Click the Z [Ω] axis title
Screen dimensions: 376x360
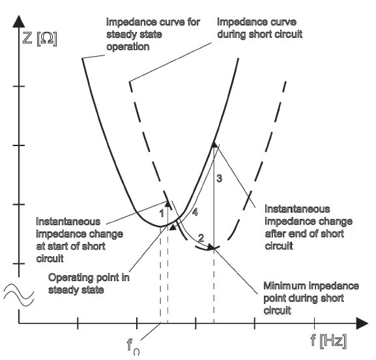[40, 38]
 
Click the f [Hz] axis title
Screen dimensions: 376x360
[328, 340]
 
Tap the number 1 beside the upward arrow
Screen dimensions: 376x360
[162, 213]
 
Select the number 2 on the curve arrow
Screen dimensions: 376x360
[201, 237]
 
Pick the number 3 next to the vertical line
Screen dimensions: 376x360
[219, 178]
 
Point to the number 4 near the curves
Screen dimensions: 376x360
[195, 212]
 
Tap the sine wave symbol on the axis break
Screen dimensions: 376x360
[19, 295]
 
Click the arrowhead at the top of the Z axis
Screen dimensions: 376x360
[19, 21]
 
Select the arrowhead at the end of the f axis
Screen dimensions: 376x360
[362, 323]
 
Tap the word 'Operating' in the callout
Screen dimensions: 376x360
[70, 278]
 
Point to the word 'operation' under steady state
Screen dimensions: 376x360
[128, 47]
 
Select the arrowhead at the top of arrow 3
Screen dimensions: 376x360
[214, 144]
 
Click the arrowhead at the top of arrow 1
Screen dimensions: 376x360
[168, 203]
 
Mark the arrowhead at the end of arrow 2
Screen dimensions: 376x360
[210, 247]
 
